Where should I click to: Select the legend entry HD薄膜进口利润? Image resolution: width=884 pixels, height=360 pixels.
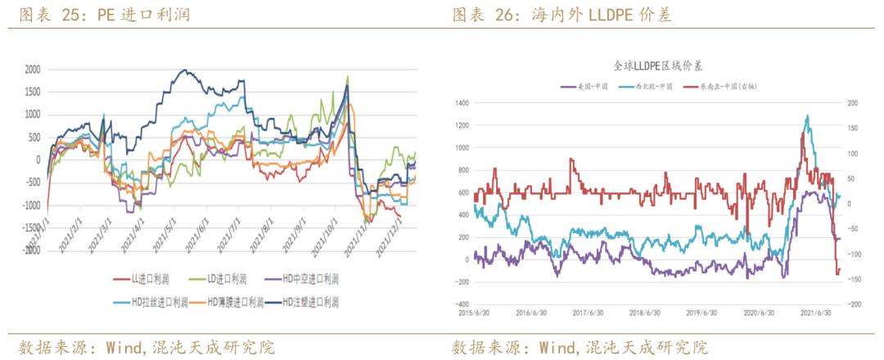(x=235, y=303)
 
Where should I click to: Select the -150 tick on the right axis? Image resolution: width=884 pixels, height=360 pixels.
(x=851, y=280)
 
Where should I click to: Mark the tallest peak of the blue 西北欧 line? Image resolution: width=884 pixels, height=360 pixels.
(x=808, y=116)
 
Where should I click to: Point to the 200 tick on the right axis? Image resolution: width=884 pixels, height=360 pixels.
(x=851, y=103)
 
